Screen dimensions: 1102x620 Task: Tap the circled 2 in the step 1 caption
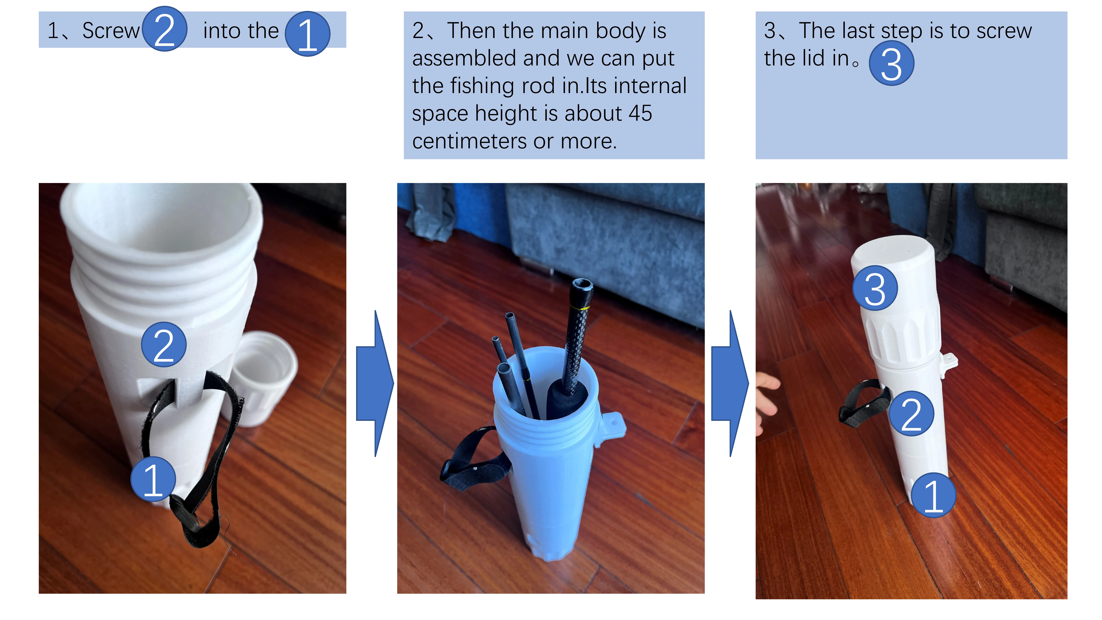coord(164,29)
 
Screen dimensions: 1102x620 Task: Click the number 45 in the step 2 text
coord(640,113)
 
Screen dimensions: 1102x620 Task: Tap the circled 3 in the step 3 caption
coord(892,63)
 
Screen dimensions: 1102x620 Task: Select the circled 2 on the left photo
coord(164,344)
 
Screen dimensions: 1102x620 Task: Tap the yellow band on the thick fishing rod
coord(580,308)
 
